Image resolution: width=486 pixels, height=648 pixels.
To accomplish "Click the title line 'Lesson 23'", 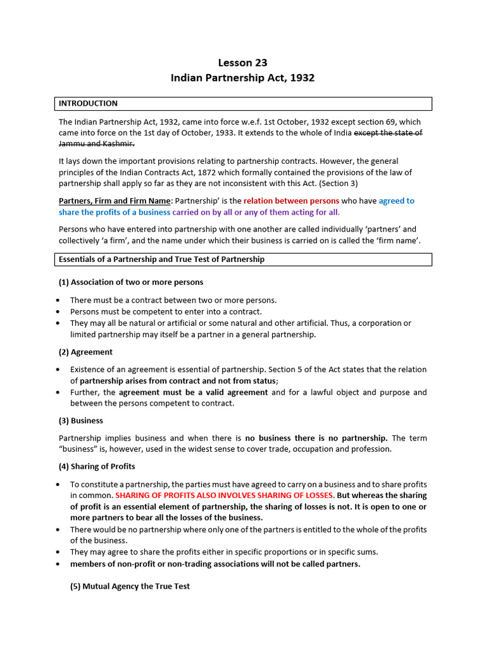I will click(x=242, y=63).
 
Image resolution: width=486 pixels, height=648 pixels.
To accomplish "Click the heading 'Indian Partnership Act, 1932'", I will click(x=242, y=78).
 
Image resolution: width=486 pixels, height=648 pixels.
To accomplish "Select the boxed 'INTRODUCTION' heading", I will click(x=88, y=103).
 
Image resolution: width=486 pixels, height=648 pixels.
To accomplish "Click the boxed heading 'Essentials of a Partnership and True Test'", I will click(x=161, y=259).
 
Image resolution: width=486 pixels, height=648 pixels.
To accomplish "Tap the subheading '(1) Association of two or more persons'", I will click(x=131, y=282).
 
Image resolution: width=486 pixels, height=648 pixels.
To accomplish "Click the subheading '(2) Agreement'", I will click(x=85, y=352).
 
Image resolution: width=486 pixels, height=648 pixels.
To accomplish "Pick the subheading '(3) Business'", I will click(x=81, y=421).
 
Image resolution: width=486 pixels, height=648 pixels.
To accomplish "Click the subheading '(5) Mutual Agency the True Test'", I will click(x=130, y=587).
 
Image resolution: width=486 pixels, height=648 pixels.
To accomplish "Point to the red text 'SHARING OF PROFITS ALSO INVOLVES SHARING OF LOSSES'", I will click(x=224, y=495).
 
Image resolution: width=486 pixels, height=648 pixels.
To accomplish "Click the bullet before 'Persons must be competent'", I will click(x=58, y=312).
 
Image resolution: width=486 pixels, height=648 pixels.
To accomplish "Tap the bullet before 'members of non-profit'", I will click(x=58, y=564).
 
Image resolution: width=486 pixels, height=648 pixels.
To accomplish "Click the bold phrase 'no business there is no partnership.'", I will click(x=316, y=438).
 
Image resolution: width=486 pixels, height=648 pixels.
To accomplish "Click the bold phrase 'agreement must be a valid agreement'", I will click(x=194, y=392).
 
